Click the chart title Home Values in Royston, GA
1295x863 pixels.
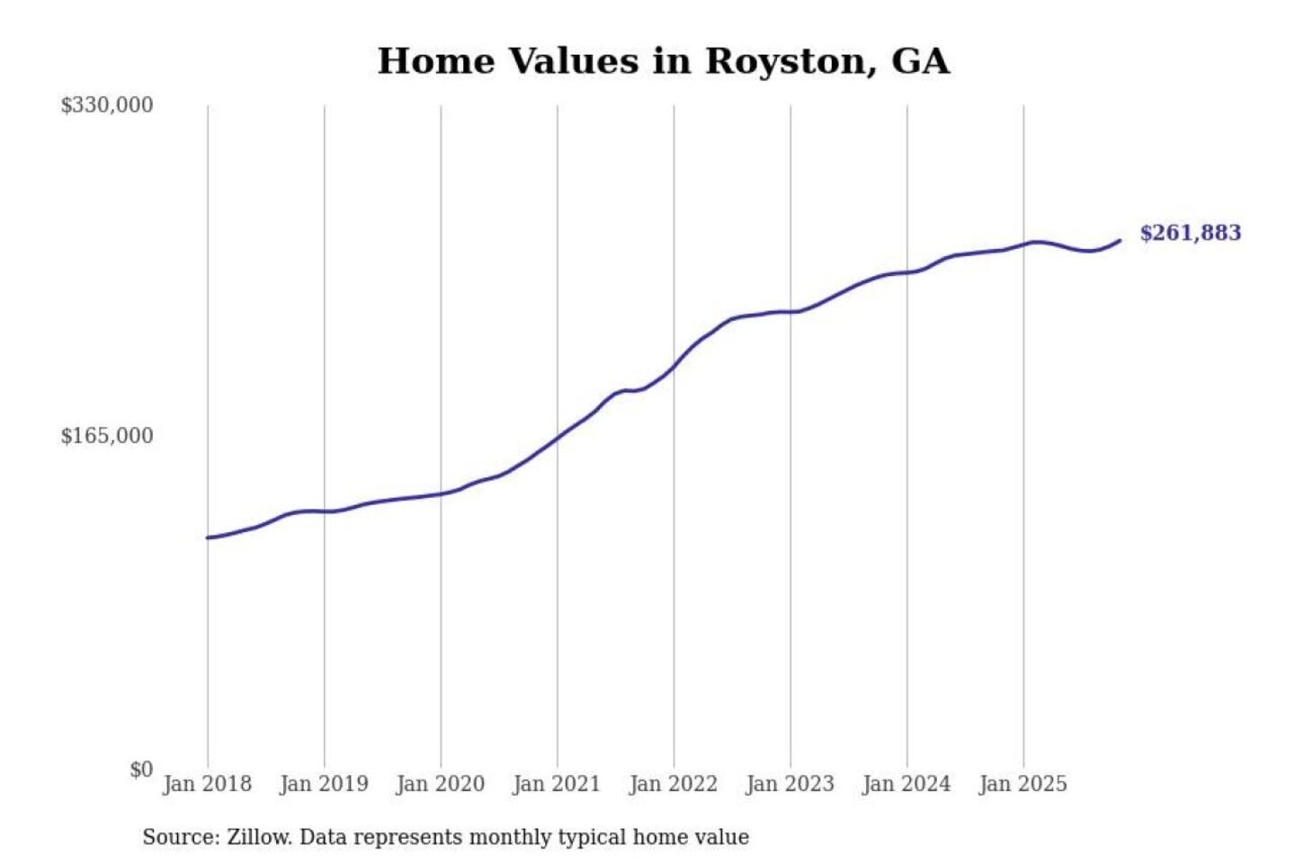(x=663, y=61)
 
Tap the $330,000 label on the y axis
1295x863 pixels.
(x=106, y=105)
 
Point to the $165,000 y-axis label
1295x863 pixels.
(x=106, y=436)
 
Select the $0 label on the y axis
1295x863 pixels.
(x=141, y=770)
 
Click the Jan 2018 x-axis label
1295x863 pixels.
(x=207, y=784)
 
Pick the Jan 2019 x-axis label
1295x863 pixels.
(x=324, y=784)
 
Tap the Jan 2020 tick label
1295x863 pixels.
(x=440, y=784)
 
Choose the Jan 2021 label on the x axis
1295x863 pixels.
(x=556, y=784)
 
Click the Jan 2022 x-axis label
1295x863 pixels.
(x=673, y=784)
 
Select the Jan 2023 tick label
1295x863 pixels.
(x=790, y=784)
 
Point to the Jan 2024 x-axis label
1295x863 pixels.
(x=906, y=784)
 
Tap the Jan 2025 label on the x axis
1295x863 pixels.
(x=1023, y=784)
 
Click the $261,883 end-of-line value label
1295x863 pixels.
(x=1190, y=233)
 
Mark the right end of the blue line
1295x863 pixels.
(x=1120, y=240)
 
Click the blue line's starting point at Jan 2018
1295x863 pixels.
(x=208, y=538)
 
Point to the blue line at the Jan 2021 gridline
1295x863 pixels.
(x=557, y=437)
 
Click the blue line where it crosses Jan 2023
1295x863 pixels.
(x=790, y=312)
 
